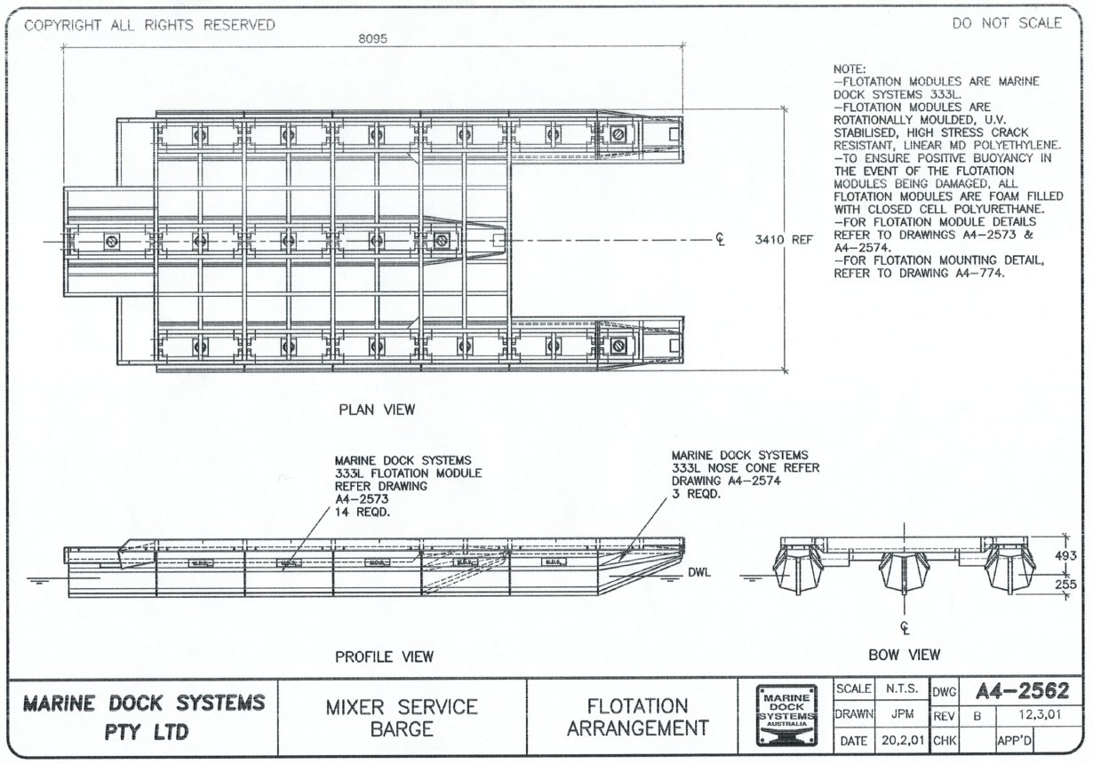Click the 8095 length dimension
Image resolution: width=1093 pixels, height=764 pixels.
click(373, 38)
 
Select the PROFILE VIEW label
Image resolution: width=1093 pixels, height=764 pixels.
click(384, 657)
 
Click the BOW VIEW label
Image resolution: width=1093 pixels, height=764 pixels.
click(904, 655)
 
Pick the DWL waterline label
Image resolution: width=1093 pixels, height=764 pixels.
click(699, 573)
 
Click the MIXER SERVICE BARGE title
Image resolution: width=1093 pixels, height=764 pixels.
click(402, 718)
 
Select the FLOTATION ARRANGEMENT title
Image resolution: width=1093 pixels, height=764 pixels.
click(638, 718)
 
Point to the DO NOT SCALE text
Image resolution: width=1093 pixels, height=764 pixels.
click(1007, 24)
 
